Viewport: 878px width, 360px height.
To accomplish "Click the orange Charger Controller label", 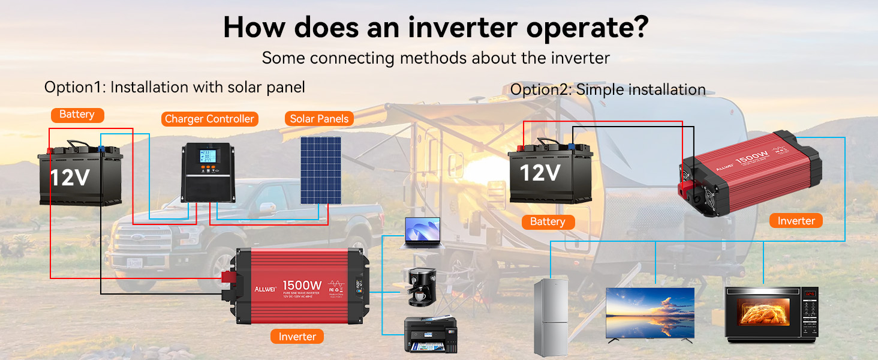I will pyautogui.click(x=209, y=119).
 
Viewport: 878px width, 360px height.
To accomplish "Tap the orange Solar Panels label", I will pyautogui.click(x=319, y=119).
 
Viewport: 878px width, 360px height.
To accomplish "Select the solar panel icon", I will pyautogui.click(x=321, y=170).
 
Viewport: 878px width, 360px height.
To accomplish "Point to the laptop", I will pyautogui.click(x=423, y=233).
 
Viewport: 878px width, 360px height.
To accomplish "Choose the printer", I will pyautogui.click(x=426, y=334).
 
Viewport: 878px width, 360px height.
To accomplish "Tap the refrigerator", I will pyautogui.click(x=551, y=317).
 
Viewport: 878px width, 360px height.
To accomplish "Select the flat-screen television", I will pyautogui.click(x=650, y=314).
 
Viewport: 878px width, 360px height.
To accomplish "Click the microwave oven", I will pyautogui.click(x=772, y=314).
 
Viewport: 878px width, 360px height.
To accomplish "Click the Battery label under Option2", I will pyautogui.click(x=548, y=222).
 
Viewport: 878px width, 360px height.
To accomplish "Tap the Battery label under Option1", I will pyautogui.click(x=77, y=114).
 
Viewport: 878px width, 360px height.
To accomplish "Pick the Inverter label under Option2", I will pyautogui.click(x=796, y=221).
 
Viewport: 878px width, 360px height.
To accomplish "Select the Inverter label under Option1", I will pyautogui.click(x=297, y=337).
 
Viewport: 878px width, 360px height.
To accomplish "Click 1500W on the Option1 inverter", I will pyautogui.click(x=302, y=284).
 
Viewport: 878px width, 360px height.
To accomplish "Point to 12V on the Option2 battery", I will pyautogui.click(x=540, y=173).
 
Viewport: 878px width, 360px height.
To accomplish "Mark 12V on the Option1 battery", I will pyautogui.click(x=70, y=178).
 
